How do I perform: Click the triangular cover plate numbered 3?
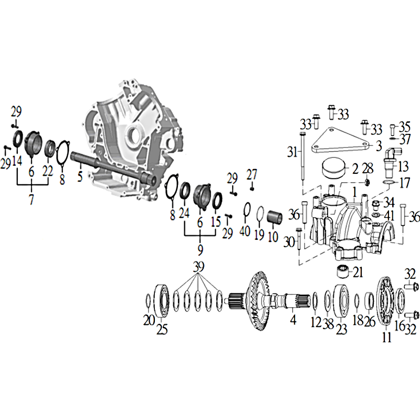pos(340,141)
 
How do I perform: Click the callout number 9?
pos(201,250)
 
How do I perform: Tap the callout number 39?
pos(198,267)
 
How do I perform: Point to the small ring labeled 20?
pos(148,300)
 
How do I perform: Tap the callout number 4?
pos(293,319)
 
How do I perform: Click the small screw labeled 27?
pos(252,188)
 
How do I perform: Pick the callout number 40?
pos(245,230)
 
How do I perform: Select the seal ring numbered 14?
pos(18,139)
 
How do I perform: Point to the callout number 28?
pos(368,169)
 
